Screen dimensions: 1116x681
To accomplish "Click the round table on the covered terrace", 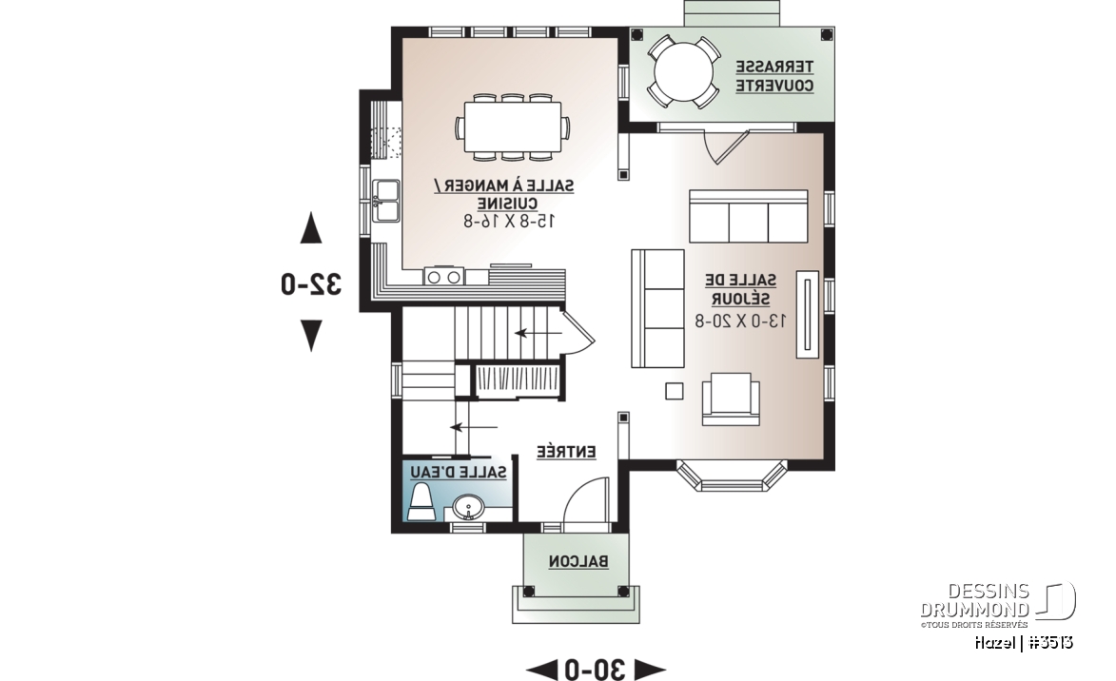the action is (x=682, y=72).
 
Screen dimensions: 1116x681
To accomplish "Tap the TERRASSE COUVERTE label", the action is (x=773, y=76).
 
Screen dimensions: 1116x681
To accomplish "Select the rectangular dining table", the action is (x=512, y=126).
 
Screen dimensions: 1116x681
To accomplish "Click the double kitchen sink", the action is (x=385, y=201).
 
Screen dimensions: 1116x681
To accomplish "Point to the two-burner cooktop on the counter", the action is (x=444, y=276).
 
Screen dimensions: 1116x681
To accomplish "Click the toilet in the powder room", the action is (x=421, y=502).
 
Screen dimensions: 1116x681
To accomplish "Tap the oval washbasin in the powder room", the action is (x=467, y=509).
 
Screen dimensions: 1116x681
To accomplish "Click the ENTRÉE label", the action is (x=566, y=452).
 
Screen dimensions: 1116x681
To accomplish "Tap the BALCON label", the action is (x=578, y=561).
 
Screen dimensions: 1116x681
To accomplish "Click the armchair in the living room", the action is (x=731, y=399).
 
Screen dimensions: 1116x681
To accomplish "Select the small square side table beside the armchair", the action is (x=674, y=391).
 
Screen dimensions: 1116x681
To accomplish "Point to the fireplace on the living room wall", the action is (x=807, y=314).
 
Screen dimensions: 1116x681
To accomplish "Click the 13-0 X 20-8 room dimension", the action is (x=741, y=321).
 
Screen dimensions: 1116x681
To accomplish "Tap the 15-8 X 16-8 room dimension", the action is (x=510, y=222).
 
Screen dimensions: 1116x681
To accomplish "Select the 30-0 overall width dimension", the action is (x=596, y=670).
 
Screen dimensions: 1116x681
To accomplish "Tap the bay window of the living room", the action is (x=732, y=478).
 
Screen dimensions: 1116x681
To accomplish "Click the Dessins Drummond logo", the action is (x=997, y=605).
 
